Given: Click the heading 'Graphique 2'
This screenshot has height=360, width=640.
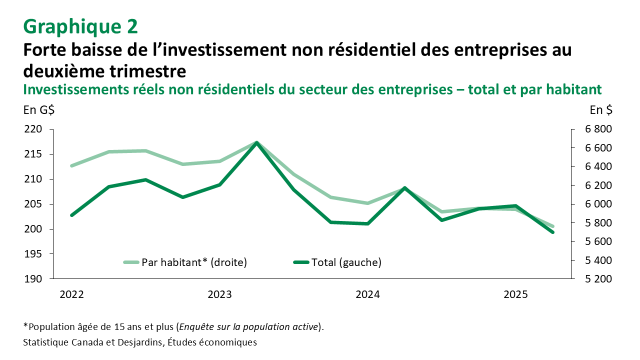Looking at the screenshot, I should click(80, 26).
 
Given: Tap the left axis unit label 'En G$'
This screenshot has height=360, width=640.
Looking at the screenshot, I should click(39, 110).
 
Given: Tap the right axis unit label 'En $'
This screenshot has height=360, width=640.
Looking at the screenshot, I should click(600, 110).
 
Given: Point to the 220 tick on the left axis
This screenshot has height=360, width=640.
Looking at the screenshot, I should click(34, 129).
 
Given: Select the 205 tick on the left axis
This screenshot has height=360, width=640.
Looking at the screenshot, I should click(34, 204).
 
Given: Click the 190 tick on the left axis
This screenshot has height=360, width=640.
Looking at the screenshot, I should click(34, 279).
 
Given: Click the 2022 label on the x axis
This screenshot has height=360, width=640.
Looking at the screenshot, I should click(71, 295).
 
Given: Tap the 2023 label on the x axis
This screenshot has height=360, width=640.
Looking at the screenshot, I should click(219, 295).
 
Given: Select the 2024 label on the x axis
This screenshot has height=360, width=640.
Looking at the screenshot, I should click(367, 295).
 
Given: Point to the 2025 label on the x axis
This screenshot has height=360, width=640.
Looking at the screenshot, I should click(515, 295).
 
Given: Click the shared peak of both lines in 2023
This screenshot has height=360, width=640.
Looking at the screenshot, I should click(256, 143).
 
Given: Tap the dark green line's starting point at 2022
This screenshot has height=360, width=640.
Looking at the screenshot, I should click(71, 215).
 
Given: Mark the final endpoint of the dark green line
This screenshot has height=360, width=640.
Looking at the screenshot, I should click(552, 232).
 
